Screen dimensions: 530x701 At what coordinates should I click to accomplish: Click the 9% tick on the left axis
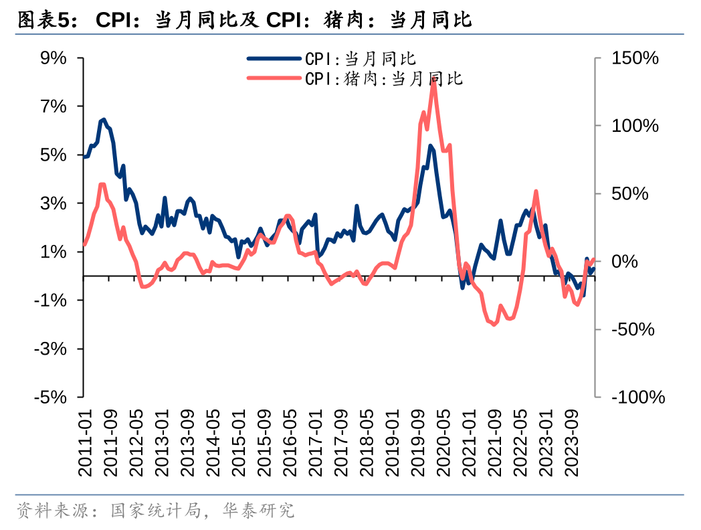pos(54,58)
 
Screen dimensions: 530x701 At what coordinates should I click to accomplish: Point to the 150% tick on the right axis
pos(635,58)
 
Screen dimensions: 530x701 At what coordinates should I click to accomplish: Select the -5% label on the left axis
pos(51,397)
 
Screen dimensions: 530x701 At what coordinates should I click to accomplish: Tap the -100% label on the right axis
pos(638,397)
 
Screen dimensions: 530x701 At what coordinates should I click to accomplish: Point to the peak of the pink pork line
pos(433,80)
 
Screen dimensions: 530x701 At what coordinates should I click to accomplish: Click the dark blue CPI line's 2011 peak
pos(103,120)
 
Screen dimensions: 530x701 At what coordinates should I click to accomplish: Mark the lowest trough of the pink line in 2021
pos(494,325)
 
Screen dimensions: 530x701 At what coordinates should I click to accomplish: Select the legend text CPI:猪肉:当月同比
pos(384,78)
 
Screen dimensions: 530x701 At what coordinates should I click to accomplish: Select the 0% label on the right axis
pos(625,262)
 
